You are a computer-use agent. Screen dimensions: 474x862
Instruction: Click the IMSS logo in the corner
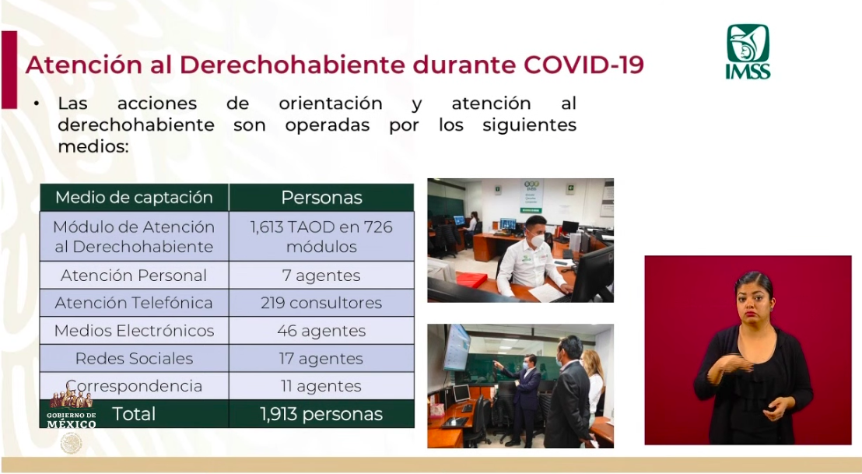[x=748, y=51]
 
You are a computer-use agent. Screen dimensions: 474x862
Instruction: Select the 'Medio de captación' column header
[x=134, y=198]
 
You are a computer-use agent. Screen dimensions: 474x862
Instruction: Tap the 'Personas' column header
[x=321, y=198]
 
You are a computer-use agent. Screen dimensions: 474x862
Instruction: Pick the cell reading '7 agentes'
[x=321, y=276]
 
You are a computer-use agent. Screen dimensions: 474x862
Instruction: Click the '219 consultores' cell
[x=321, y=303]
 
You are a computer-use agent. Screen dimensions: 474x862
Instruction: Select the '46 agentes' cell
[x=321, y=331]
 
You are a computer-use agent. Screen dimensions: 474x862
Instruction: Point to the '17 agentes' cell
[x=321, y=359]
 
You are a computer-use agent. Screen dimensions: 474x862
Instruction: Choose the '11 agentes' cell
[x=321, y=386]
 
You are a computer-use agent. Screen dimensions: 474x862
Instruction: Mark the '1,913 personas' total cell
[x=321, y=414]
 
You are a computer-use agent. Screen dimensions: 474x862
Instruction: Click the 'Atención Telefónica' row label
[x=134, y=303]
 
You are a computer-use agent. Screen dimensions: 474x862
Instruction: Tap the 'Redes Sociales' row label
[x=134, y=359]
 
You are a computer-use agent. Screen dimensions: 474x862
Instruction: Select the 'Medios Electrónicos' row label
[x=134, y=331]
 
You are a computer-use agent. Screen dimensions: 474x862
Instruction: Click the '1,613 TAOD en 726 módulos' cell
[x=321, y=237]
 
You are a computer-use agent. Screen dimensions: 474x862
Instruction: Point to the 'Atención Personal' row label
[x=134, y=276]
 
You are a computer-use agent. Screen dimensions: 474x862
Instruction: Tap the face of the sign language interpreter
[x=753, y=300]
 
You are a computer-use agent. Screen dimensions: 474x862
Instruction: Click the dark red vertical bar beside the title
[x=9, y=69]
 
